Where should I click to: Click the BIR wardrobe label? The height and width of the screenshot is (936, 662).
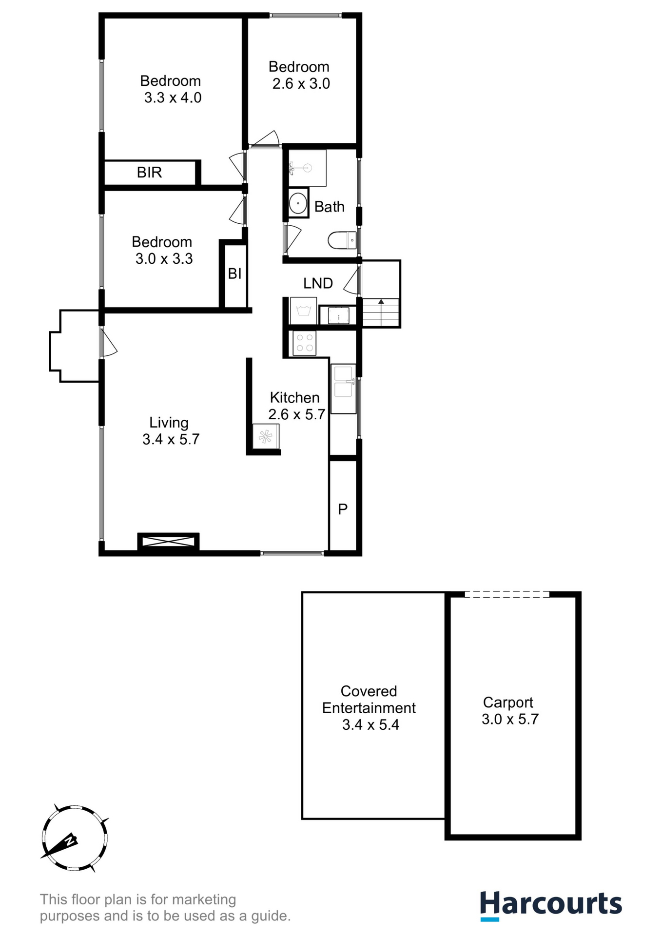point(149,173)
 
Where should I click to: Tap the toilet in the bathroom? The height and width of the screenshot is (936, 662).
point(342,240)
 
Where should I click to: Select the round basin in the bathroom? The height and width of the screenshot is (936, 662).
point(298,203)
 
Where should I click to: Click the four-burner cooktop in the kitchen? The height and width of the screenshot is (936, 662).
point(305,342)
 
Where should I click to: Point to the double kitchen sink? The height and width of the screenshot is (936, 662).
point(344,382)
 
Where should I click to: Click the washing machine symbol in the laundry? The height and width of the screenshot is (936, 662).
point(303,311)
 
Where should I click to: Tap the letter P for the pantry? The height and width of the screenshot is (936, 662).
point(343,509)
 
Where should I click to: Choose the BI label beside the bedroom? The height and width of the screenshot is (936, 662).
point(234,274)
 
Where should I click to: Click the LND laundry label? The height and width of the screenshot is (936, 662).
point(318,283)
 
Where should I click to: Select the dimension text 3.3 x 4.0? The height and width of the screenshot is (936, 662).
point(173,98)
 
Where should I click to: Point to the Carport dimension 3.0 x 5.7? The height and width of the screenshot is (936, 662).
point(510,720)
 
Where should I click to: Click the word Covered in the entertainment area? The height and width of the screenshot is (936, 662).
point(369,691)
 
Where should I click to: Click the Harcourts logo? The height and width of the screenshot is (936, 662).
point(551,905)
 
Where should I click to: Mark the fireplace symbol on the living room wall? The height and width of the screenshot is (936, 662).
point(168,541)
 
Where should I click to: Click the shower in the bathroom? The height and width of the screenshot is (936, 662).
point(307,168)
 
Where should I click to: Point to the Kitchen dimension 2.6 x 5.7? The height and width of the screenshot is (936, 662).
point(296,415)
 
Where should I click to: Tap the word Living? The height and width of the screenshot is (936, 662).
point(169,423)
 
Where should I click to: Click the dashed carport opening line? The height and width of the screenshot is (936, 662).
point(506,595)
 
